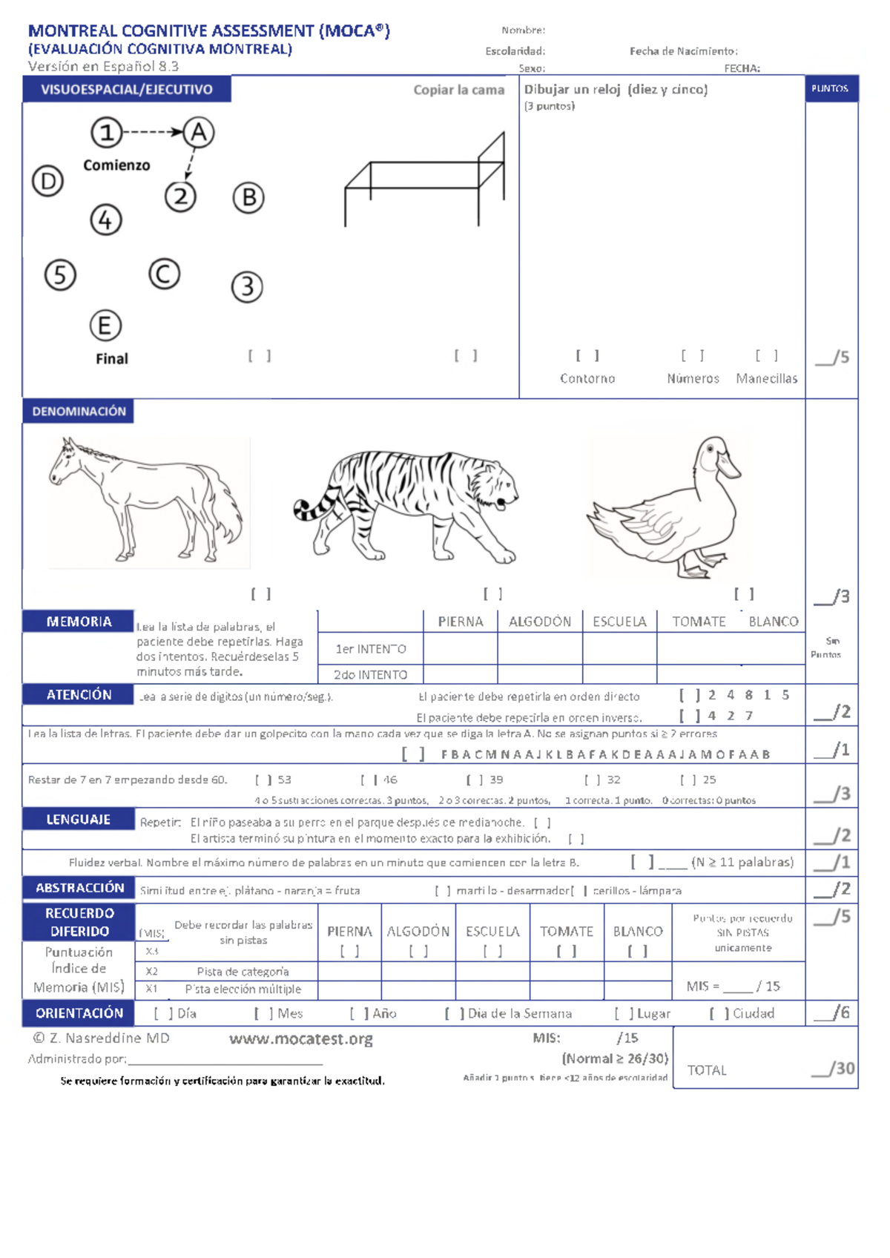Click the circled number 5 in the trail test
60,275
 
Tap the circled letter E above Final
105,326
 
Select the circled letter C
164,274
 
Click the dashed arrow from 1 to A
152,132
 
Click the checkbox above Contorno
587,356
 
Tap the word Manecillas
766,378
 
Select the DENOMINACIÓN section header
79,411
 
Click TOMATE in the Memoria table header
699,622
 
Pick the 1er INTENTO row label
370,649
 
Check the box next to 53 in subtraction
263,780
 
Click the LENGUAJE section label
79,819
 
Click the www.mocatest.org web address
300,1038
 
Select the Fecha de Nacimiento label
683,51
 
